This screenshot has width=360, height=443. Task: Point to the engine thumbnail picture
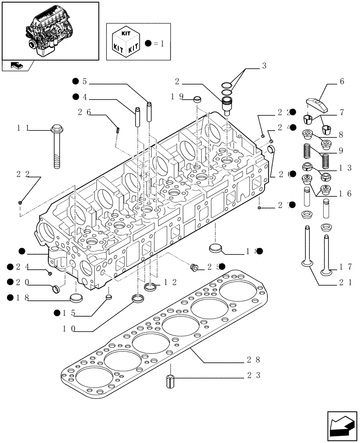tap(50, 30)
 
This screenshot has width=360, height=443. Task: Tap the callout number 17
tap(346, 267)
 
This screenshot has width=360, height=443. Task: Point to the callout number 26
tap(84, 113)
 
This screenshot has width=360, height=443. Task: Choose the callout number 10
tap(69, 329)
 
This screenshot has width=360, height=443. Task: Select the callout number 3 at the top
tap(264, 66)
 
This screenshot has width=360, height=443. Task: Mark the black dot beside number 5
tap(75, 81)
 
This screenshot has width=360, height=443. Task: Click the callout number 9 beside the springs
tap(341, 151)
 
